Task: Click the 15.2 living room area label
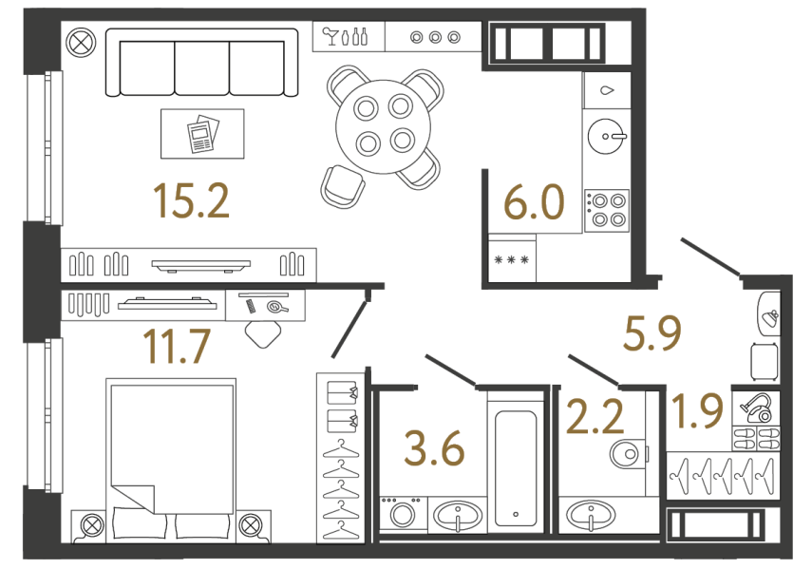point(191,201)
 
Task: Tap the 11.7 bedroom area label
point(175,347)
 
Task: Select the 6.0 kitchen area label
point(533,203)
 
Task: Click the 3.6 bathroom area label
point(434,448)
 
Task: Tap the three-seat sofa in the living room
point(200,64)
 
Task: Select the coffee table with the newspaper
point(202,134)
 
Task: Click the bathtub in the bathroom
point(516,465)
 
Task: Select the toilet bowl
point(627,453)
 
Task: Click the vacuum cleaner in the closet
point(757,409)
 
